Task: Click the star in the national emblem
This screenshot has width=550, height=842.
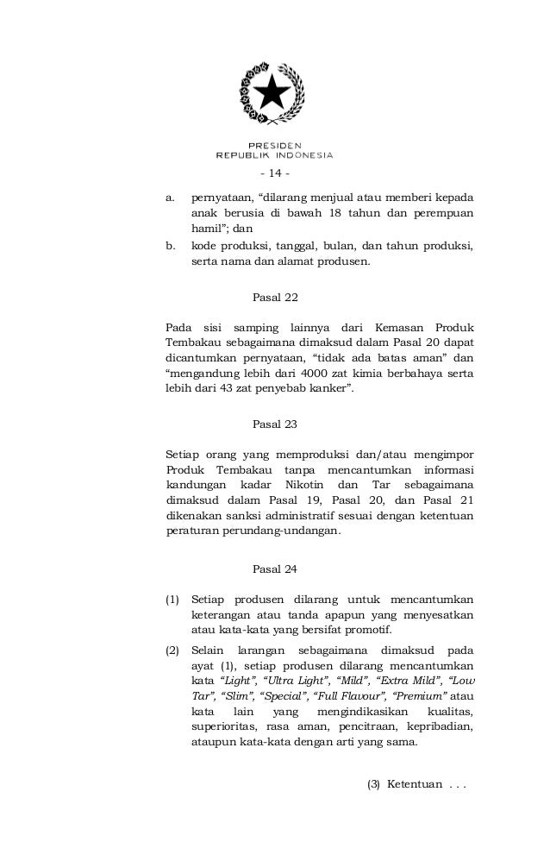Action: click(x=273, y=90)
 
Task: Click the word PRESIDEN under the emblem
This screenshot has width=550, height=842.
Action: click(x=274, y=145)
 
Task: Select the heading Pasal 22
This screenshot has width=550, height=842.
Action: click(x=275, y=298)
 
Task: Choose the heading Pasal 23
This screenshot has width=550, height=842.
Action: click(x=275, y=424)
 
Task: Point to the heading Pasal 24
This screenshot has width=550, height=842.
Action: click(x=275, y=569)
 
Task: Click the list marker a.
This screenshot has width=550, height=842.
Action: click(x=169, y=197)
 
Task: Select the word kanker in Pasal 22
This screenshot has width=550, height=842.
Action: click(x=331, y=389)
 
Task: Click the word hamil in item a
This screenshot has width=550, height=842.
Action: click(x=206, y=229)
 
